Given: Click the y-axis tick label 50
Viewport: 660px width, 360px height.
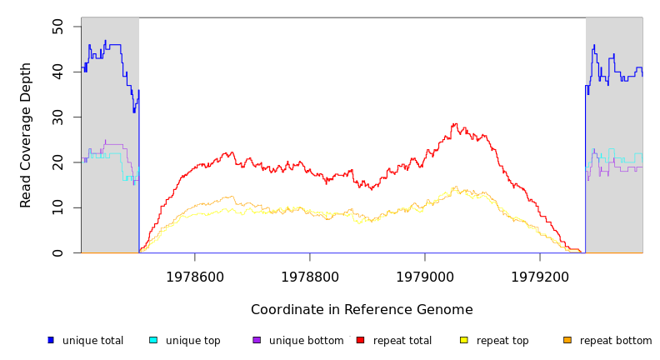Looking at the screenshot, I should pos(57,27).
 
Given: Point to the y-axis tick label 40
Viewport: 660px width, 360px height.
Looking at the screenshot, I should pos(57,72).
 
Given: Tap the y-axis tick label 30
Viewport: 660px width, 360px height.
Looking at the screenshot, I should pos(57,117).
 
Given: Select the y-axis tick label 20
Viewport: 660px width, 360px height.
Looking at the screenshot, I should pos(57,162).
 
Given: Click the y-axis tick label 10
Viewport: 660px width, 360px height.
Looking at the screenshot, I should pos(57,207).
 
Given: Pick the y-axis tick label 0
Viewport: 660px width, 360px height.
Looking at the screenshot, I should pos(57,252).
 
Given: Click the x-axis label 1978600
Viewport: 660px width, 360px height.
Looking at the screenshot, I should pos(195,277).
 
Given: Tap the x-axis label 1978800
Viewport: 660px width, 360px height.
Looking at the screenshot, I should pos(310,277).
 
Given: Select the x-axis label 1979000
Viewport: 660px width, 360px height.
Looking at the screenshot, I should pos(425,277).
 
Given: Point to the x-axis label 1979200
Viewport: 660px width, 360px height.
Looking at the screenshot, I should pos(540,277).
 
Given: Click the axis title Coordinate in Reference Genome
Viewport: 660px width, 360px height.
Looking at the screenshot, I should pos(362,310).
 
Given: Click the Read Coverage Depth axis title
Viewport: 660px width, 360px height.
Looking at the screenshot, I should pos(27,135).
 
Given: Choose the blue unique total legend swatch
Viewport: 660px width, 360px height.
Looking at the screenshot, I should pos(51,340).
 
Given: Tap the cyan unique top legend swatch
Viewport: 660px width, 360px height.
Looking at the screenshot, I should pos(153,340).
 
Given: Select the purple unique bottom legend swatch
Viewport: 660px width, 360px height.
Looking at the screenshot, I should pos(257,340).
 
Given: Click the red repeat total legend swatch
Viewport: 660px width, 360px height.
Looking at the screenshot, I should pos(360,340).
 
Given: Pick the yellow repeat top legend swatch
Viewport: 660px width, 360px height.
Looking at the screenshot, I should pos(464,340).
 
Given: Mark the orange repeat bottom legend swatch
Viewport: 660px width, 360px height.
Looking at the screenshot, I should pos(567,340).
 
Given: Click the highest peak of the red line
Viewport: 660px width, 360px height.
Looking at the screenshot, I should pos(455,124).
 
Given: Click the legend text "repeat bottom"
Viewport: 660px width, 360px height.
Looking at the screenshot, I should pos(616,341).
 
